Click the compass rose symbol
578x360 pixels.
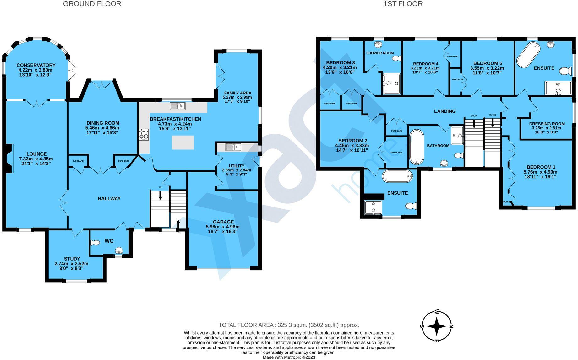click(437, 326)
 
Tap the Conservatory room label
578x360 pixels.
click(36, 65)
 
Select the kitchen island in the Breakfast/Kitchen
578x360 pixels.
click(183, 142)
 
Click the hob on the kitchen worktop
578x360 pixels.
click(144, 134)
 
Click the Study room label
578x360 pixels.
click(72, 259)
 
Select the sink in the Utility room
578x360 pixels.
click(233, 147)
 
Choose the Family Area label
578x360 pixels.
click(237, 93)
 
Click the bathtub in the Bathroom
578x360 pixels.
click(417, 147)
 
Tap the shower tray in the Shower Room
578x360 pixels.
click(391, 83)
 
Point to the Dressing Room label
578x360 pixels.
click(547, 124)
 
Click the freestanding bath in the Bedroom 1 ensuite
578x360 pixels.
click(528, 56)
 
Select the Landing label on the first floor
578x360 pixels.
click(444, 111)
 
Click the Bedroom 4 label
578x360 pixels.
click(426, 63)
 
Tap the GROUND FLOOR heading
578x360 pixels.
click(92, 4)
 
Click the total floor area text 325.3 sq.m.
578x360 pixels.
click(289, 325)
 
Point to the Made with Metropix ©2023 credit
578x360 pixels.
click(289, 357)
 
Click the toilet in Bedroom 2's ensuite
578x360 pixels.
click(411, 206)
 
